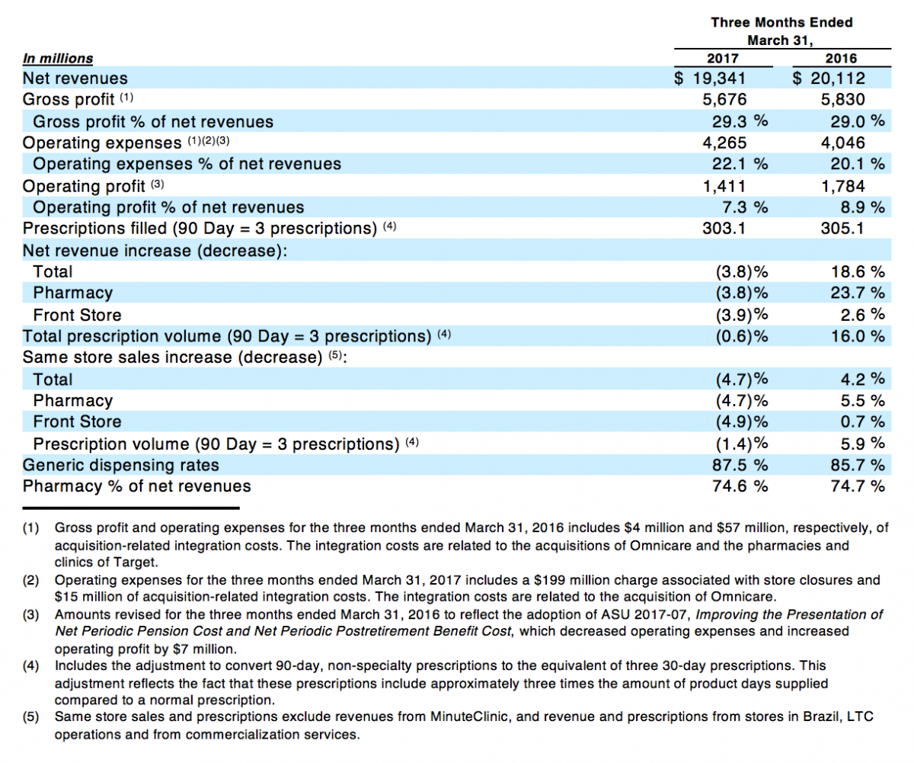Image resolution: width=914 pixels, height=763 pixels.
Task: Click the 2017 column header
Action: click(723, 58)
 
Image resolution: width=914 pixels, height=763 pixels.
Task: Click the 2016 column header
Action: click(841, 58)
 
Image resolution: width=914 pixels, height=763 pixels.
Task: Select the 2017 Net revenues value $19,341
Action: click(710, 79)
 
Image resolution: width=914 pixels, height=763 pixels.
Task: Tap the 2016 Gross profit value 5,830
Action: click(842, 99)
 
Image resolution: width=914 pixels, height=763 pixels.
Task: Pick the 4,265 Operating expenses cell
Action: click(724, 143)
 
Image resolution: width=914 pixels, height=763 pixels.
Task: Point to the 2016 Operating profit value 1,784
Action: click(842, 186)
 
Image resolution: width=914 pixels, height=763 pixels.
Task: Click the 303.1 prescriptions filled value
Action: click(724, 228)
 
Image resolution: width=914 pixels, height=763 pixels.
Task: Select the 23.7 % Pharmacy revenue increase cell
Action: click(858, 293)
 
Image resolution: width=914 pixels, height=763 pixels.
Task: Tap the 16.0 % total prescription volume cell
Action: click(858, 336)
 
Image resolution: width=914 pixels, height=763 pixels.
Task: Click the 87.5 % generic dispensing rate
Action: click(740, 465)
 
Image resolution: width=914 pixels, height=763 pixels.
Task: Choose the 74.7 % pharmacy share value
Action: click(858, 486)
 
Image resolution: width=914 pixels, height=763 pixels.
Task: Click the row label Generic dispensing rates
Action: click(121, 465)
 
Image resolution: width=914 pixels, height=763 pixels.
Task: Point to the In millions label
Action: click(58, 58)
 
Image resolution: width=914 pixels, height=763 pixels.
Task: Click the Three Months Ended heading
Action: click(781, 22)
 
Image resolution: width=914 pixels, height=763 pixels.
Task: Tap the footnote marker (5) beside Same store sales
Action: click(335, 354)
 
